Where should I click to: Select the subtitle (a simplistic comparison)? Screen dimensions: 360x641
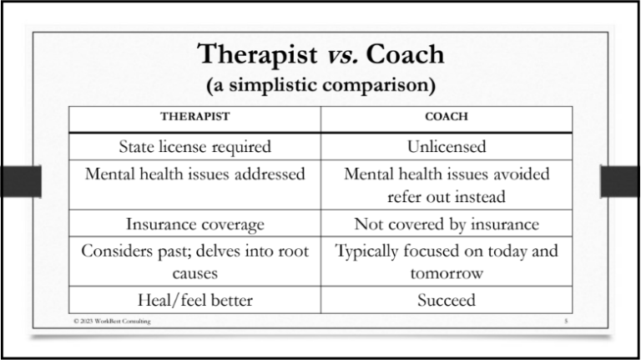click(320, 85)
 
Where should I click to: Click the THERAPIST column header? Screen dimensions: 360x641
click(194, 118)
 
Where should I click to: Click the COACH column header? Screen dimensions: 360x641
click(446, 118)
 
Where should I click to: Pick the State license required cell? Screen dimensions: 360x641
click(194, 147)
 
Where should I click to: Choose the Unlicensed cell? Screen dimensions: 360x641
click(446, 147)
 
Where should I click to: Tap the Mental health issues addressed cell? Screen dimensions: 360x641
click(194, 174)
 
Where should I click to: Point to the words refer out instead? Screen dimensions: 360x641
click(446, 197)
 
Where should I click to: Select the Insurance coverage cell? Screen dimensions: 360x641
click(194, 224)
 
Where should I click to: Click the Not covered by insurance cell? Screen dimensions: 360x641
click(446, 224)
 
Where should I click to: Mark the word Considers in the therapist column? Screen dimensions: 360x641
click(115, 251)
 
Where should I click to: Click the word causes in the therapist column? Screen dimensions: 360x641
click(194, 273)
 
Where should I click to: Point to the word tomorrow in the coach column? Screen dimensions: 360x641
click(446, 273)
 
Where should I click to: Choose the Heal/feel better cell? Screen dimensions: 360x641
click(194, 300)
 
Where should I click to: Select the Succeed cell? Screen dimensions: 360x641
click(446, 300)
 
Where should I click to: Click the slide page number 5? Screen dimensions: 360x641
click(565, 321)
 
